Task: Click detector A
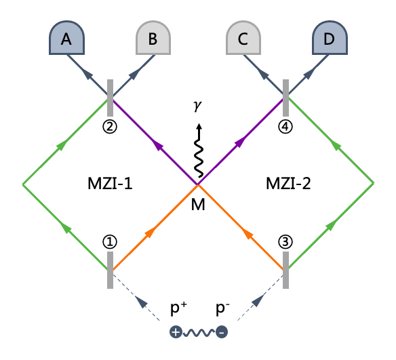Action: pyautogui.click(x=66, y=37)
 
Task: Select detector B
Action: pyautogui.click(x=153, y=37)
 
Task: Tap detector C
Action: pyautogui.click(x=243, y=37)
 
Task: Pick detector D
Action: pyautogui.click(x=330, y=37)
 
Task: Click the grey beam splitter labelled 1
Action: pyautogui.click(x=110, y=270)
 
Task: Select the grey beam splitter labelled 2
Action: pyautogui.click(x=110, y=98)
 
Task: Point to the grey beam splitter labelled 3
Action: pyautogui.click(x=285, y=270)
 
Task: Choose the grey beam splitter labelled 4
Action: pyautogui.click(x=285, y=98)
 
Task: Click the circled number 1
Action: pyautogui.click(x=110, y=242)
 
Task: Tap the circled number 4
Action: pyautogui.click(x=285, y=127)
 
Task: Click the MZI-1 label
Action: pyautogui.click(x=110, y=184)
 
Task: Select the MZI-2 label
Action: pyautogui.click(x=288, y=184)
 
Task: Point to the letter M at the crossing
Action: pyautogui.click(x=198, y=205)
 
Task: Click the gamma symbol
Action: pyautogui.click(x=197, y=106)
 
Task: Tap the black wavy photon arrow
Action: pyautogui.click(x=199, y=151)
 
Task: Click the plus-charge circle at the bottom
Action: pyautogui.click(x=176, y=332)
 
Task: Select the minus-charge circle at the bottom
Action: pyautogui.click(x=222, y=332)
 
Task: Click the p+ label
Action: pyautogui.click(x=179, y=308)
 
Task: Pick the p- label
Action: pyautogui.click(x=222, y=308)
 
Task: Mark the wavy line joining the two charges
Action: pyautogui.click(x=199, y=332)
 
